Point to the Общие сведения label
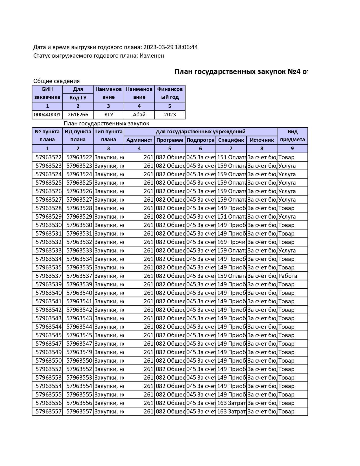click(x=56, y=81)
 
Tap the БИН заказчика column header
click(x=47, y=93)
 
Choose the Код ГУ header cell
click(x=78, y=98)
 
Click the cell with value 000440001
click(x=47, y=115)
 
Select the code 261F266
click(x=78, y=115)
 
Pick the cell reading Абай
click(x=139, y=115)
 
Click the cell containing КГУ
click(x=108, y=115)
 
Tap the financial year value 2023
click(x=170, y=115)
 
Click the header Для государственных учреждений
click(x=200, y=132)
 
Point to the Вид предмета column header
click(x=292, y=136)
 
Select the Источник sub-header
click(x=262, y=140)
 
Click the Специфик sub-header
click(x=231, y=140)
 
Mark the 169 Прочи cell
click(x=231, y=242)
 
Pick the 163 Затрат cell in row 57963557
click(x=231, y=411)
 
